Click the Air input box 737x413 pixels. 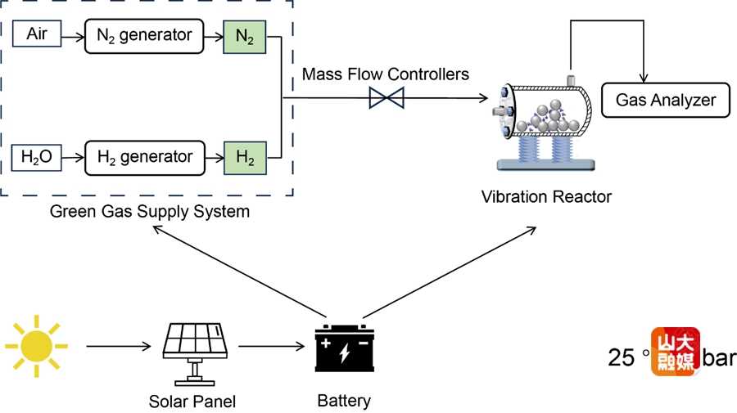pyautogui.click(x=37, y=35)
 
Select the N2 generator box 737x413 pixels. pyautogui.click(x=144, y=35)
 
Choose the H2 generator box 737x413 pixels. pyautogui.click(x=144, y=157)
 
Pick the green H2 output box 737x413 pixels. pyautogui.click(x=245, y=157)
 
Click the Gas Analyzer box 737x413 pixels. pyautogui.click(x=666, y=101)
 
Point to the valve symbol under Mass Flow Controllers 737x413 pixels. pyautogui.click(x=386, y=99)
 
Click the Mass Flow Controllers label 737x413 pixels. pyautogui.click(x=386, y=74)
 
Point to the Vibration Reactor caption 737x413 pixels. pyautogui.click(x=546, y=197)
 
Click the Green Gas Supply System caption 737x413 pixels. pyautogui.click(x=149, y=213)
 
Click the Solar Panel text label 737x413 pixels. pyautogui.click(x=192, y=402)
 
